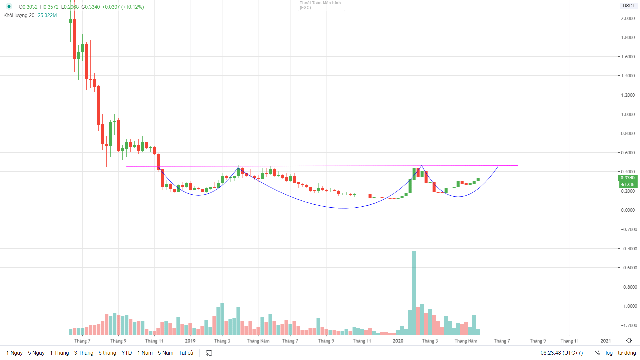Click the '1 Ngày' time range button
[14, 353]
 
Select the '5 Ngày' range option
[36, 353]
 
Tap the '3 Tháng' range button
[84, 353]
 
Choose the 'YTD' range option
[127, 353]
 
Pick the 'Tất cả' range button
[186, 353]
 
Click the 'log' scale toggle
[609, 353]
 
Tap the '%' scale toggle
[598, 353]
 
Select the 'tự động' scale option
[627, 353]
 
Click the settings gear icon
[629, 340]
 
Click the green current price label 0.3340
[628, 178]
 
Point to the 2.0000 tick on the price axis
[628, 18]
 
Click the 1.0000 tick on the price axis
[628, 114]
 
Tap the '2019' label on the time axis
[190, 341]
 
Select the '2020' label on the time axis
[398, 341]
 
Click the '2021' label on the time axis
[606, 341]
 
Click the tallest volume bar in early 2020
[414, 293]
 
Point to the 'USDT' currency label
[629, 6]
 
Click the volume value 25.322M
[47, 15]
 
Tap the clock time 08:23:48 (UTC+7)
[562, 353]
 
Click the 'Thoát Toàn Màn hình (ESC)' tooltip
[321, 5]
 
